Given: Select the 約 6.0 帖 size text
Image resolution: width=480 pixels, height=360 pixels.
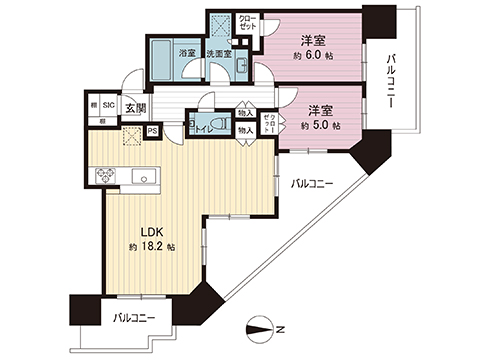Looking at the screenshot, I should [315, 56].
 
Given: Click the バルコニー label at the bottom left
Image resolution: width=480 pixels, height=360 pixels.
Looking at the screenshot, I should [133, 317].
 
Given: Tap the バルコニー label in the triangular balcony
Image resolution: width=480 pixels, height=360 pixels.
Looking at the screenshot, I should [312, 184].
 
